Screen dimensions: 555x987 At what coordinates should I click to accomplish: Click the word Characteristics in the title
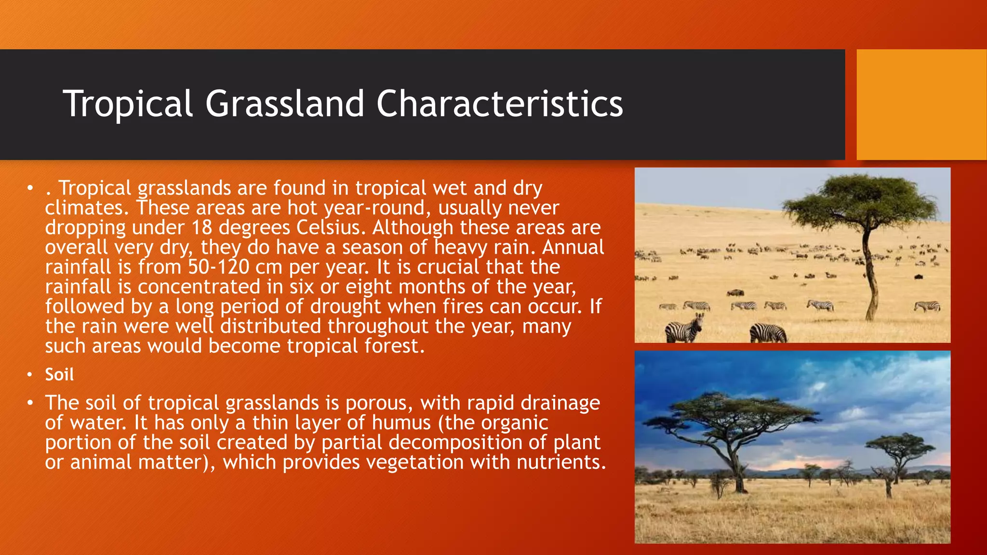click(499, 104)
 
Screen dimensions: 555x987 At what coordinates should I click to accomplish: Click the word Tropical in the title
click(128, 104)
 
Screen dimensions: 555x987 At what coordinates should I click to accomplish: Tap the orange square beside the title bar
click(921, 105)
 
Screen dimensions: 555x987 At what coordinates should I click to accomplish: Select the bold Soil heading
click(59, 375)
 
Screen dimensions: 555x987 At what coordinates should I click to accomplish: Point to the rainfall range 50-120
click(218, 267)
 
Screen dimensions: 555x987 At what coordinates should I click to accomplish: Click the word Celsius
click(328, 227)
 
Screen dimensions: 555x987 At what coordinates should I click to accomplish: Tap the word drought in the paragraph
click(346, 306)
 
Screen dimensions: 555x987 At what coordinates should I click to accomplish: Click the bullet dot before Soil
click(30, 375)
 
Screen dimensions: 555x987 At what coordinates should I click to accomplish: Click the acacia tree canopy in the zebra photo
click(863, 198)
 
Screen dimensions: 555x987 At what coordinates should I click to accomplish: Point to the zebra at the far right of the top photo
click(927, 306)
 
